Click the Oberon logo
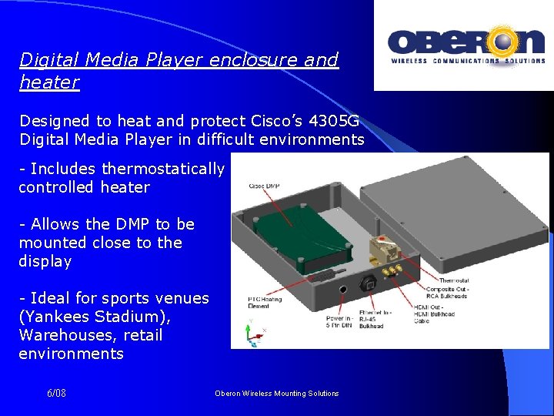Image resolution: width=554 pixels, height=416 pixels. pyautogui.click(x=463, y=46)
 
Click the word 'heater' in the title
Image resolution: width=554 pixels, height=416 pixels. pyautogui.click(x=49, y=82)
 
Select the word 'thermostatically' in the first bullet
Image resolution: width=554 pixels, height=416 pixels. pyautogui.click(x=163, y=169)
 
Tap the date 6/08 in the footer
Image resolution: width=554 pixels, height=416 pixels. pyautogui.click(x=56, y=393)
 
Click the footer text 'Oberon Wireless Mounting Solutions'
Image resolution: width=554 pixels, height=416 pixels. pyautogui.click(x=276, y=393)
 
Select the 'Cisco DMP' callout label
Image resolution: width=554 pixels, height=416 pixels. pyautogui.click(x=264, y=186)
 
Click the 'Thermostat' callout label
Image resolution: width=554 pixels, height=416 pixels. pyautogui.click(x=455, y=280)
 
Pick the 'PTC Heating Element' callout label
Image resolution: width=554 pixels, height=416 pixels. pyautogui.click(x=265, y=301)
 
